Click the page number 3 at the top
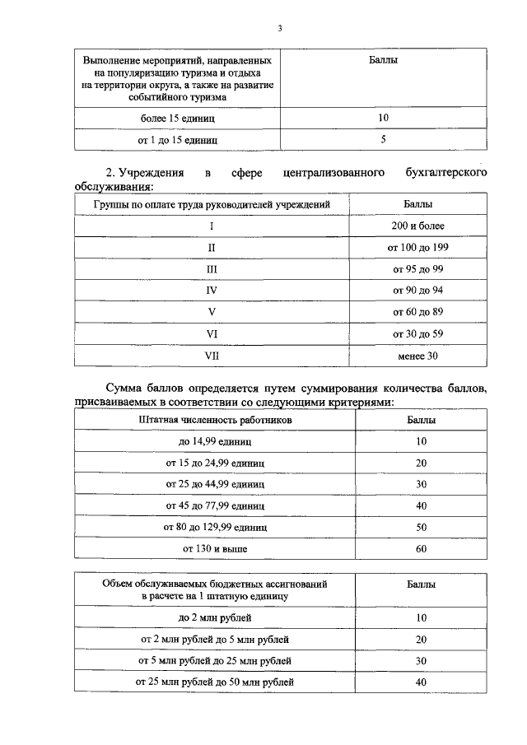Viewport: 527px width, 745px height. click(x=279, y=29)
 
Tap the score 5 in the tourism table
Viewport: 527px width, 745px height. click(x=383, y=140)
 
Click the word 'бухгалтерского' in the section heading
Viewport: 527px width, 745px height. click(x=441, y=173)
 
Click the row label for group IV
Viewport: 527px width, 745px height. click(x=212, y=291)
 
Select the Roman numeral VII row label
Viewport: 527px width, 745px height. click(x=212, y=356)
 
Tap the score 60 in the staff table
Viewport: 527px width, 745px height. click(x=421, y=547)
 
